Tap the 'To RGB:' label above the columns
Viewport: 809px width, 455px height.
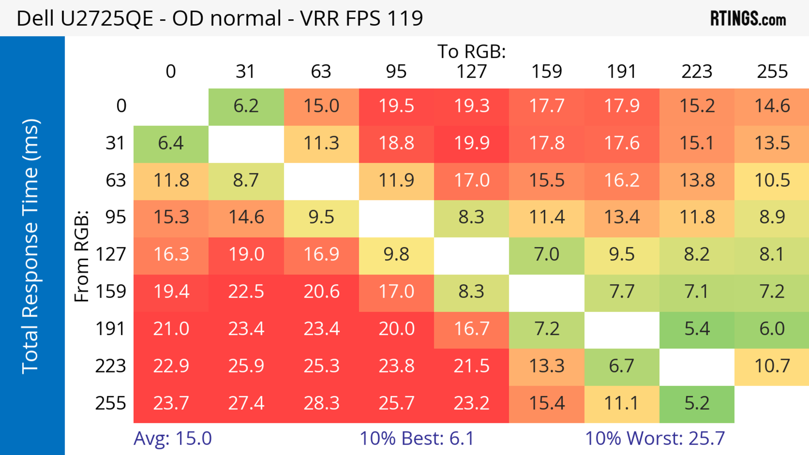pos(471,51)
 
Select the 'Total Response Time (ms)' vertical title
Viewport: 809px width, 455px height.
pos(31,246)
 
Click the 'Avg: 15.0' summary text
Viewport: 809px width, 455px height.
pos(172,438)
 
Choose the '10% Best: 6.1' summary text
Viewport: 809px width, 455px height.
pos(417,438)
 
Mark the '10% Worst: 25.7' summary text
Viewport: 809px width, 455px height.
pos(655,438)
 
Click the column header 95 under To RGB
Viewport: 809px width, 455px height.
pos(396,72)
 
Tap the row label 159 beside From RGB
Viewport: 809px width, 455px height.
pos(111,291)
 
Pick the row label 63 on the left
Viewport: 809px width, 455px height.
pos(116,180)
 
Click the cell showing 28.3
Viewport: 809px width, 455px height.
pos(321,403)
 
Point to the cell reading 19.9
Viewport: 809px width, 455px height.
pos(471,143)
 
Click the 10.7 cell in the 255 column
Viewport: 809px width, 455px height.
pos(772,366)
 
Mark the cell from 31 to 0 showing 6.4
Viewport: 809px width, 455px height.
pos(171,143)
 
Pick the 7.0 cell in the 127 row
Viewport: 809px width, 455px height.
pos(546,254)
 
